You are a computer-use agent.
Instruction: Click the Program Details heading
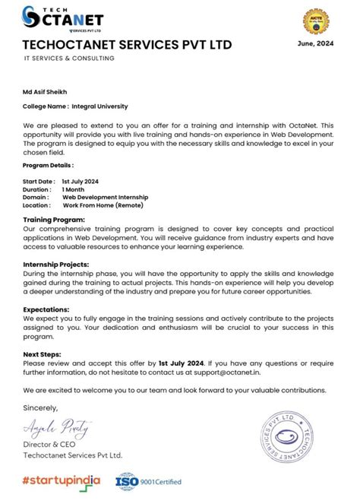[48, 165]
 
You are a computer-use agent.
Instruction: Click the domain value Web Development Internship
[105, 197]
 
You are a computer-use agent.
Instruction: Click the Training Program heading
[54, 219]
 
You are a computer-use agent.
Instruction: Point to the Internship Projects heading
[56, 265]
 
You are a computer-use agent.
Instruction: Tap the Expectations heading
[46, 309]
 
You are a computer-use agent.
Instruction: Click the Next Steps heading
[42, 354]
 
